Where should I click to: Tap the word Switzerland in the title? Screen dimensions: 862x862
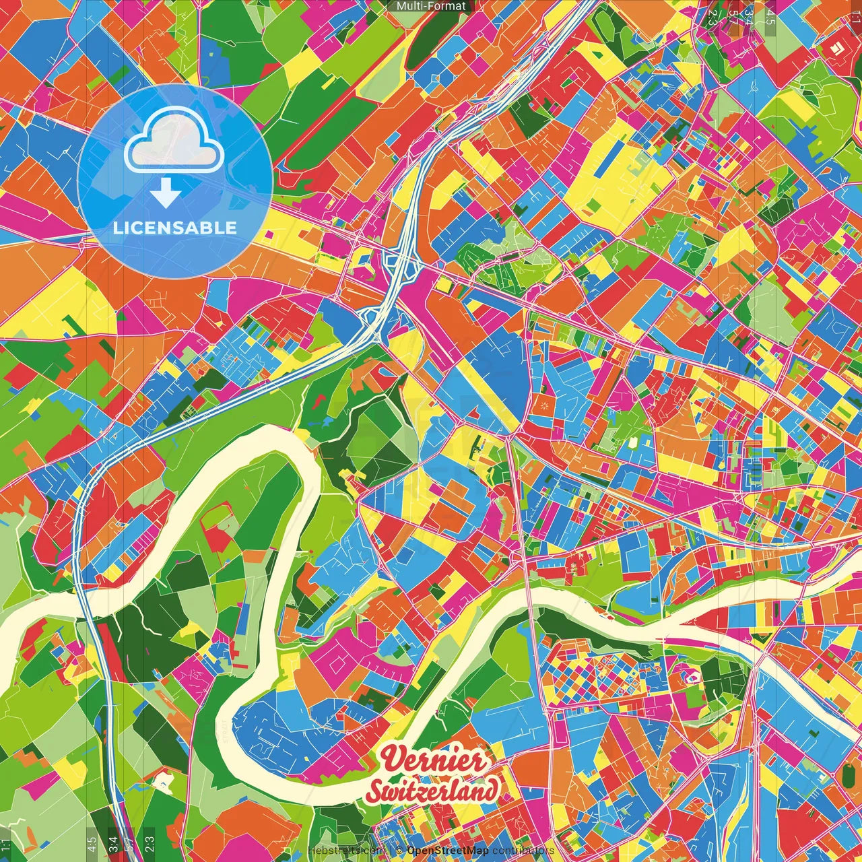[x=432, y=789]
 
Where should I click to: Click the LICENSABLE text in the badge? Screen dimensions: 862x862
[x=175, y=228]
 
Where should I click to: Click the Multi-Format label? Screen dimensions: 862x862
[x=431, y=6]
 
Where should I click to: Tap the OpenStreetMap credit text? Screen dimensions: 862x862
[x=447, y=851]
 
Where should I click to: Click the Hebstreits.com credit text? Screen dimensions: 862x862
[x=345, y=851]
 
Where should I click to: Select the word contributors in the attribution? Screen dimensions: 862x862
[x=523, y=851]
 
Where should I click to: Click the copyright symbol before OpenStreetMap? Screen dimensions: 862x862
[x=399, y=851]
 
